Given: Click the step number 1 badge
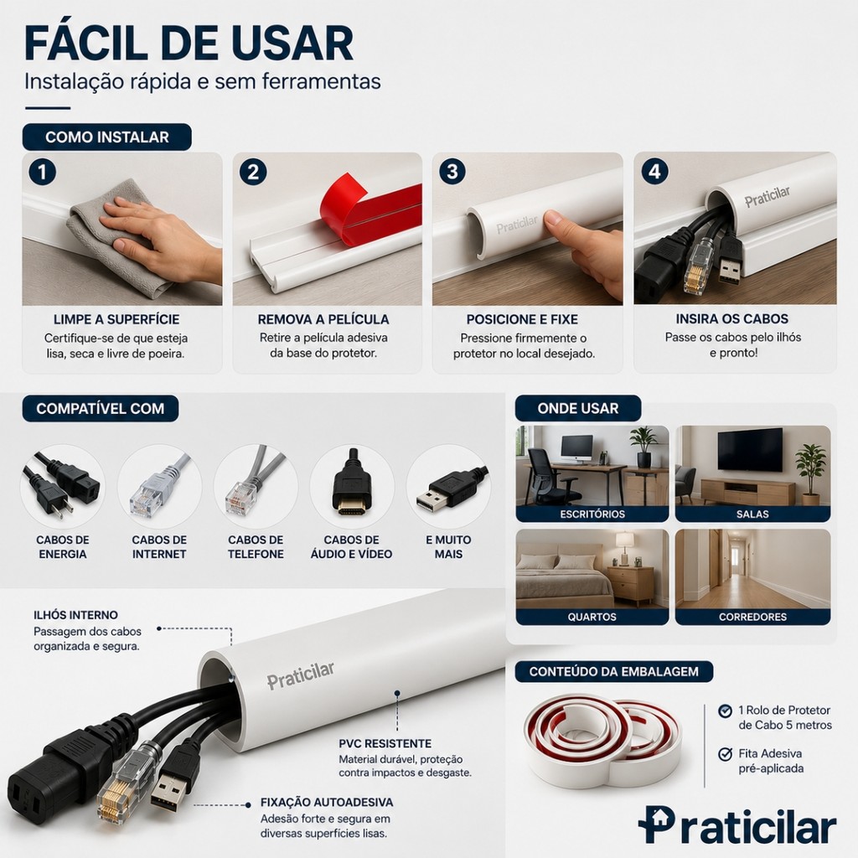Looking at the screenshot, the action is (x=42, y=173).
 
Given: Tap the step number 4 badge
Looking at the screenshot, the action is (x=654, y=172).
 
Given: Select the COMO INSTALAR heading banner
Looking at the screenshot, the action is (x=106, y=137).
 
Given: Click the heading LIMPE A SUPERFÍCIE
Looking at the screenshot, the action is (x=116, y=319).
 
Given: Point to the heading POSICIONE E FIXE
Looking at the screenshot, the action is (x=522, y=319).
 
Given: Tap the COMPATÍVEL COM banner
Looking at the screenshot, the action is (x=101, y=408).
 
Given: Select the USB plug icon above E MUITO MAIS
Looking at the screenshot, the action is (x=450, y=487).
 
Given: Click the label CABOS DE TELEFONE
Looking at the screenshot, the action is (x=256, y=546).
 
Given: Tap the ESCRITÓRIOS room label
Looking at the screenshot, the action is (x=592, y=514).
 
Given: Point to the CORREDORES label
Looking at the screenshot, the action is (x=752, y=617).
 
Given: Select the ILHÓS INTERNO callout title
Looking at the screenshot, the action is (x=75, y=615).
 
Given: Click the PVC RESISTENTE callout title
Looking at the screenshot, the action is (x=385, y=743).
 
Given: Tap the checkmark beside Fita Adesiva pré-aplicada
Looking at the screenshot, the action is (x=725, y=754).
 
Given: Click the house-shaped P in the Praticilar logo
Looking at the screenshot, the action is (x=656, y=824).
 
